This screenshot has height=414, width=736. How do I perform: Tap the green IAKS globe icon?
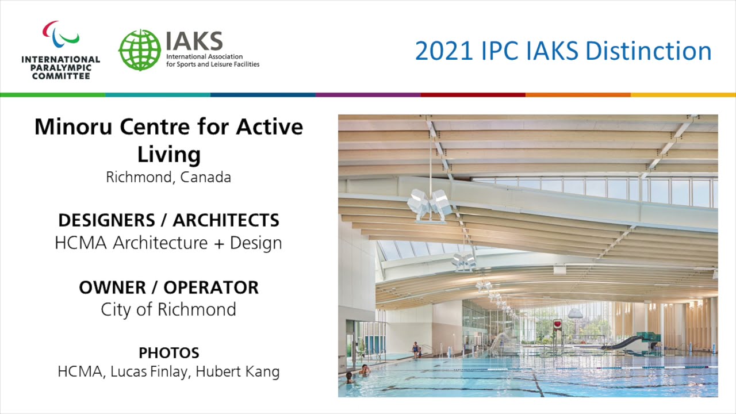pyautogui.click(x=140, y=50)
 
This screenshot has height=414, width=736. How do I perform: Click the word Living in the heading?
pyautogui.click(x=168, y=154)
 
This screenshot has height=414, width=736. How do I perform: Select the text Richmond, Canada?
pyautogui.click(x=168, y=177)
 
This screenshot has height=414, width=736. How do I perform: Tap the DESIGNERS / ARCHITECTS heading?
pyautogui.click(x=168, y=220)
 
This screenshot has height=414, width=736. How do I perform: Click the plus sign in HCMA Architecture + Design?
pyautogui.click(x=218, y=243)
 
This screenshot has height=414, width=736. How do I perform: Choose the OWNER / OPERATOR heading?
pyautogui.click(x=168, y=287)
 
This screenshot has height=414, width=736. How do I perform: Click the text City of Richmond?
pyautogui.click(x=168, y=309)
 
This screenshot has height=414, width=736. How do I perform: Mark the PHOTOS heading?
pyautogui.click(x=168, y=352)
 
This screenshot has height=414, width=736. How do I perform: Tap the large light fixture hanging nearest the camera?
pyautogui.click(x=429, y=204)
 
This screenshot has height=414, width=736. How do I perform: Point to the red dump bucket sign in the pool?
pyautogui.click(x=557, y=325)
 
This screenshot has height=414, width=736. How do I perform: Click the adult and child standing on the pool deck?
pyautogui.click(x=416, y=349)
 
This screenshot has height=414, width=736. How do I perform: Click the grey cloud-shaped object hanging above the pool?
pyautogui.click(x=576, y=313)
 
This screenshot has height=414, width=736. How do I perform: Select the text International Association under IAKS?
pyautogui.click(x=204, y=57)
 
